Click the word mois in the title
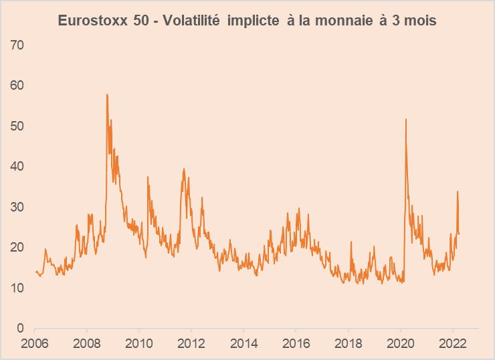click(419, 21)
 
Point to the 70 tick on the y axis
click(19, 46)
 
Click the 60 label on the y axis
click(19, 86)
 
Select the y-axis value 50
click(19, 126)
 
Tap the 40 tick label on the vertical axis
click(19, 167)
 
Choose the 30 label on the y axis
click(19, 207)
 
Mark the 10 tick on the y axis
click(19, 288)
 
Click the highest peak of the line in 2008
click(107, 94)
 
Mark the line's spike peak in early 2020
click(406, 119)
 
